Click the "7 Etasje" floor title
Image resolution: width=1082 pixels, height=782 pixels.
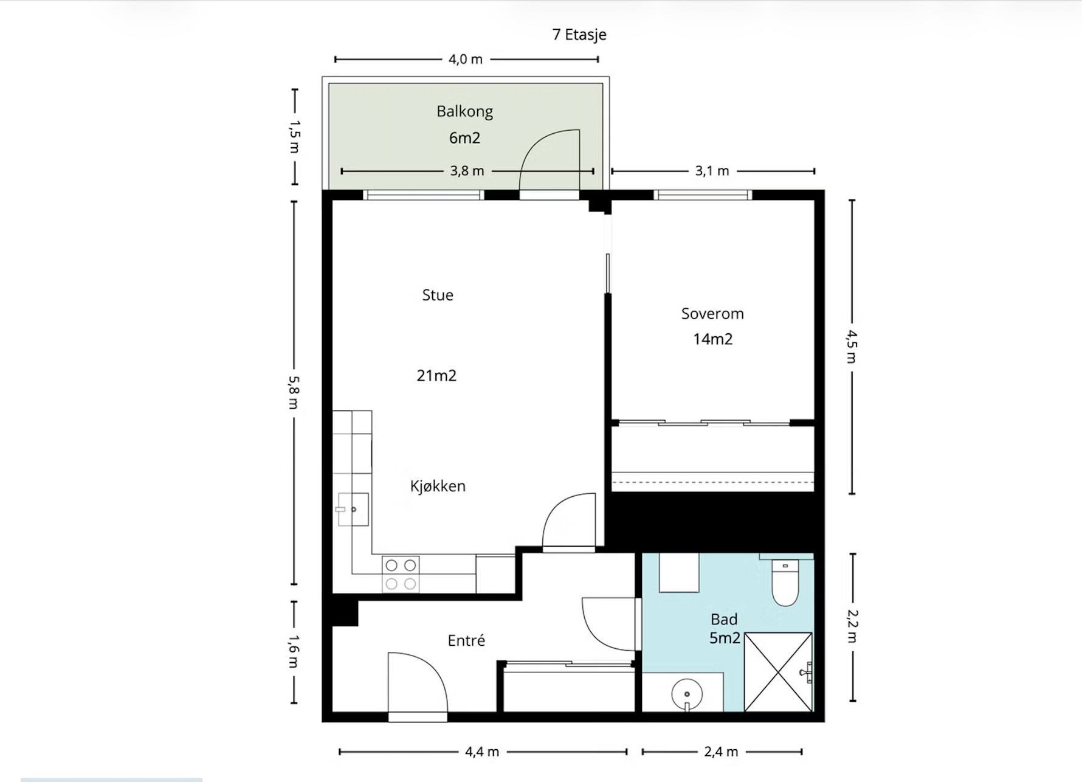(x=579, y=35)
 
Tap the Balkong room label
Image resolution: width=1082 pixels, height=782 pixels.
(x=464, y=112)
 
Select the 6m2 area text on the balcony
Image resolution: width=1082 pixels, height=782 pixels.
(x=464, y=138)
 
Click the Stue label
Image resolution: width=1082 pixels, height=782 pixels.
(x=438, y=295)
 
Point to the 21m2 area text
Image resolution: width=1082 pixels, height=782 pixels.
(x=436, y=376)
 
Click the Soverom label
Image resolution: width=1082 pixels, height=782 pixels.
(x=712, y=314)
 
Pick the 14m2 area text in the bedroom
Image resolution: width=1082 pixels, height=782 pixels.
(x=713, y=339)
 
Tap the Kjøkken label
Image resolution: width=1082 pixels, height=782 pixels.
(x=438, y=486)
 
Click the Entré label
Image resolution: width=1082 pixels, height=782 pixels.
(x=466, y=640)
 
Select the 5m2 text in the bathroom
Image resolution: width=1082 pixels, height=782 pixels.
(x=725, y=638)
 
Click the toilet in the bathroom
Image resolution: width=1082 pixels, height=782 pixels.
(x=785, y=583)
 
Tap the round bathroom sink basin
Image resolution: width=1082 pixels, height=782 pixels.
(x=687, y=694)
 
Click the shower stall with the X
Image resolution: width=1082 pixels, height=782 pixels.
(x=779, y=672)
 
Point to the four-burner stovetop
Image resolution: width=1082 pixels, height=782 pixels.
(x=401, y=575)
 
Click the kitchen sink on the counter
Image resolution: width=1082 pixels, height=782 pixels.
(x=353, y=509)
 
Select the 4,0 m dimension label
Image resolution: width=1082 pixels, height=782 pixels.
(x=466, y=60)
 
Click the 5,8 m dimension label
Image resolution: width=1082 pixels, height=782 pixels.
(x=294, y=392)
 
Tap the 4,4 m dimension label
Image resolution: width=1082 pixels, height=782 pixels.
(x=482, y=752)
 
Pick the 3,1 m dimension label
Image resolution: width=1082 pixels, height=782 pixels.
(x=712, y=171)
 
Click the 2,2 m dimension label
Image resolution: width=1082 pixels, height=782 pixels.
(x=852, y=626)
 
